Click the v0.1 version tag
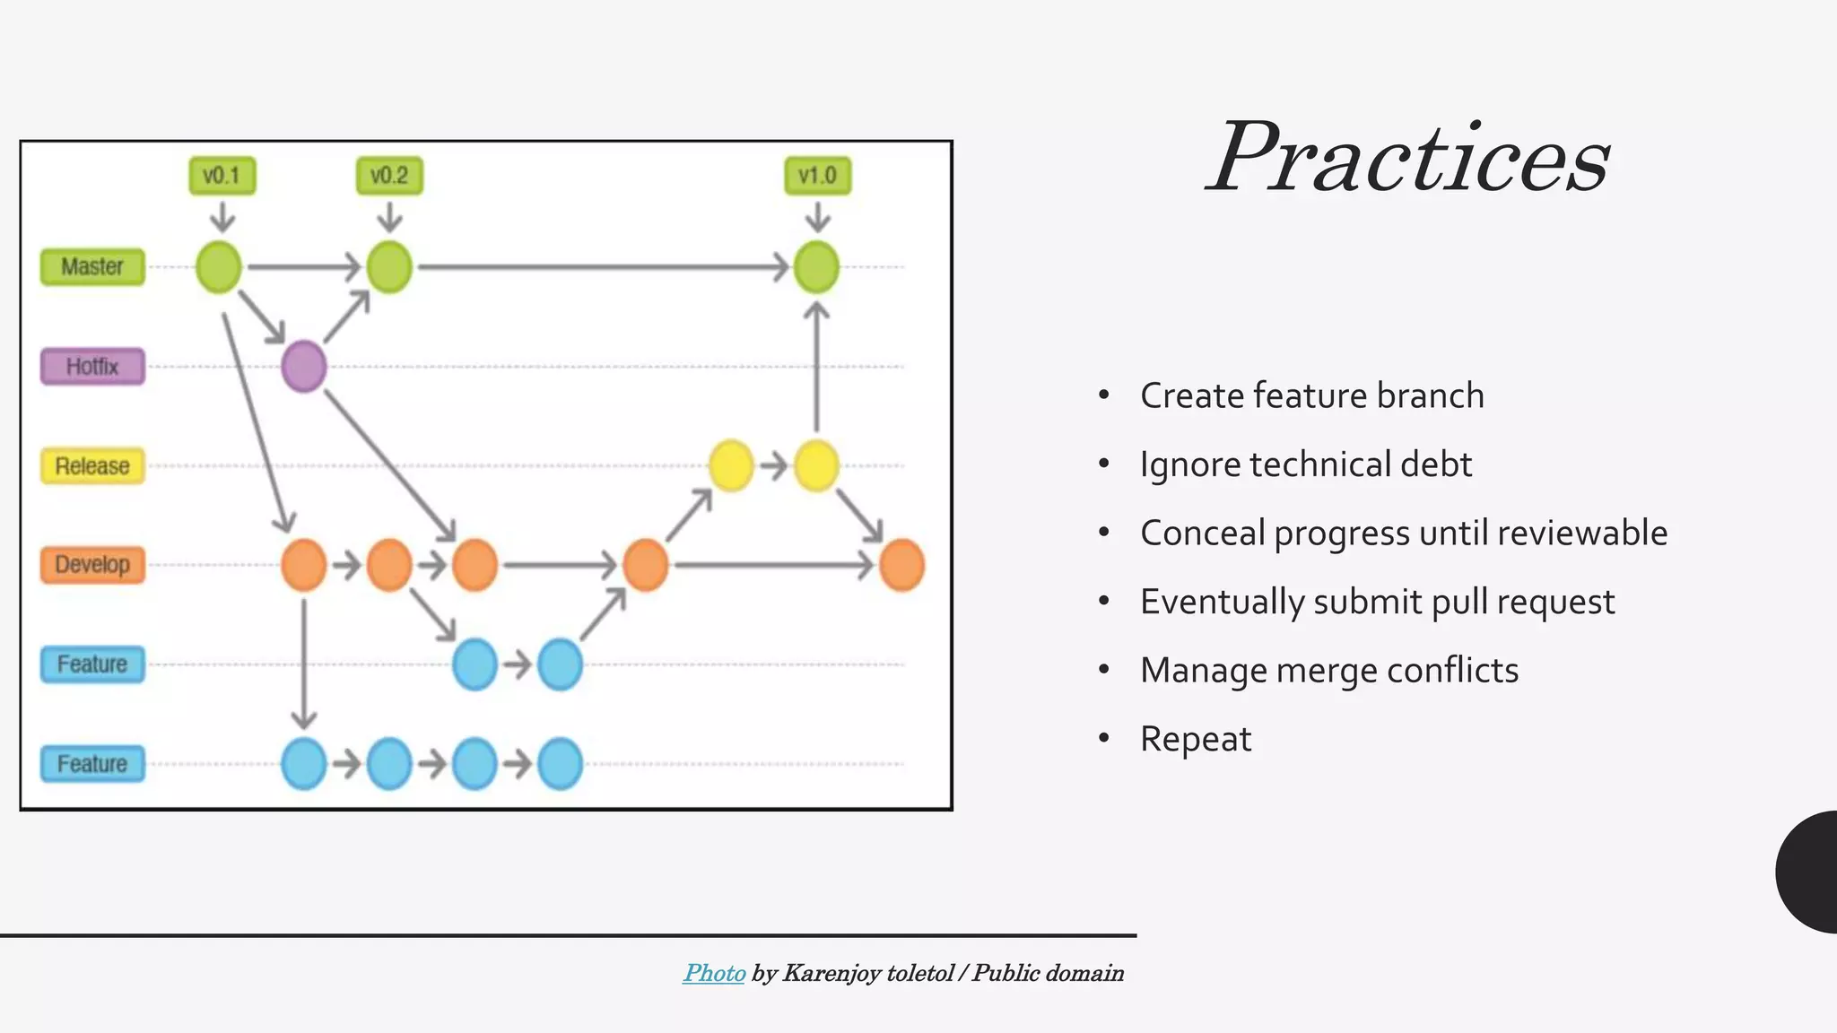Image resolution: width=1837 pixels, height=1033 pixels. (222, 176)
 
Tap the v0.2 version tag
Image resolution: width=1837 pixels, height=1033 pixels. (389, 176)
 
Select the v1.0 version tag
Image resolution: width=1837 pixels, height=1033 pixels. (817, 176)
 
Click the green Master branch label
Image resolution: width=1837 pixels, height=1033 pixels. (92, 267)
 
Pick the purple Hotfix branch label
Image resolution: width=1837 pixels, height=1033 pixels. (92, 367)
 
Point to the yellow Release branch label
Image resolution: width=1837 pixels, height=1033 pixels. (92, 466)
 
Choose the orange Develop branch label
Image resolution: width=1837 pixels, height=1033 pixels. (92, 565)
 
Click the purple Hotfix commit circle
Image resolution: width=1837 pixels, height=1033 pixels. (304, 366)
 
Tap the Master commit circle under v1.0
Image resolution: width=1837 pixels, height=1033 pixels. (816, 267)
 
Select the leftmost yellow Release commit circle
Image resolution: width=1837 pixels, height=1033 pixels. (731, 465)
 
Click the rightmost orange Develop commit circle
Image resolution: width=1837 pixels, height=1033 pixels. (901, 565)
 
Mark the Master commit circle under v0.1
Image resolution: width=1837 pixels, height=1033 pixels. (219, 267)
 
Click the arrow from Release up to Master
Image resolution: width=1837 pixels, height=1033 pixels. (816, 368)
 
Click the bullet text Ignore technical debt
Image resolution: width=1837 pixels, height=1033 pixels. (1305, 464)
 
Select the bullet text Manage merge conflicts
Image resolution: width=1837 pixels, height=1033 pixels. (1328, 670)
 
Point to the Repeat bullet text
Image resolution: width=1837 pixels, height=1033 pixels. (1195, 739)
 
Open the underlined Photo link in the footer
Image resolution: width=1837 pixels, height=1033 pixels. (714, 973)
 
